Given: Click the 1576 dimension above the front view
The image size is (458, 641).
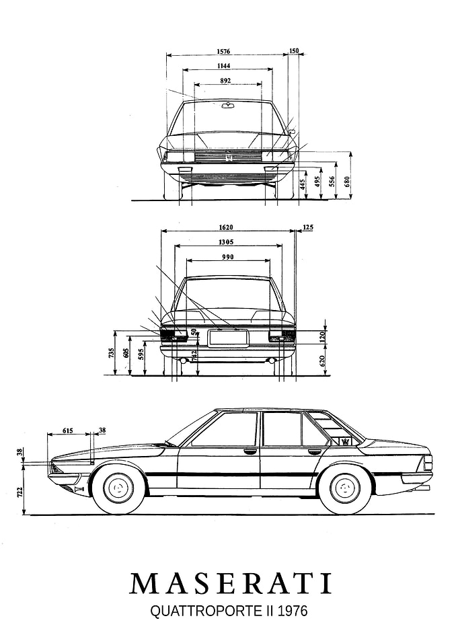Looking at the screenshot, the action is (223, 52).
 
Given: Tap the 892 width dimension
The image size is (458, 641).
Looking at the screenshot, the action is (225, 81).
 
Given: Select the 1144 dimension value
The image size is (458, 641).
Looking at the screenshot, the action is (224, 66).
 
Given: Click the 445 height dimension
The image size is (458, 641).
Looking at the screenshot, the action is (303, 184).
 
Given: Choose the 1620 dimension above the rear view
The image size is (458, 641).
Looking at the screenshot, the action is (226, 227).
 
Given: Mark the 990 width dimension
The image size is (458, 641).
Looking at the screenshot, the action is (228, 257).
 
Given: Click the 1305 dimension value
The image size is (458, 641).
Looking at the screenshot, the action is (226, 242).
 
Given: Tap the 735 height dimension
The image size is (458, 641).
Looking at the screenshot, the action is (112, 353).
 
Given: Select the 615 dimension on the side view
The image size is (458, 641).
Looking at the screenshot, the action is (68, 430).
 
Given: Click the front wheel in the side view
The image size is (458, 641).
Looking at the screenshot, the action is (119, 488).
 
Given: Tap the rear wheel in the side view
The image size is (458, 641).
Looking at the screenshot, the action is (346, 488).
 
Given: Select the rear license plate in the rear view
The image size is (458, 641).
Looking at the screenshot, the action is (227, 338).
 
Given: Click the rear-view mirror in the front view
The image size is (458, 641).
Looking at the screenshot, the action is (226, 106).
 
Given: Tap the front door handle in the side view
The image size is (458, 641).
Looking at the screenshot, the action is (250, 452).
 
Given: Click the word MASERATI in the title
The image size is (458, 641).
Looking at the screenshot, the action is (231, 583).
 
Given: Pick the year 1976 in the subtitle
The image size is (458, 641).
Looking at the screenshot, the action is (293, 611).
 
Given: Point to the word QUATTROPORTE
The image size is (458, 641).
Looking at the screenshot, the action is (206, 611).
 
